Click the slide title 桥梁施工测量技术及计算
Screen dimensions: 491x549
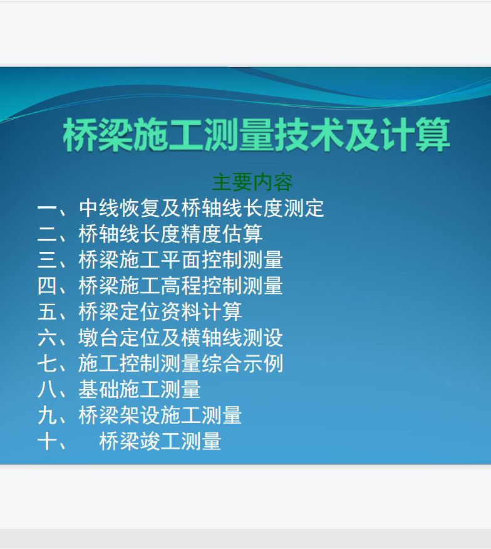coord(256,135)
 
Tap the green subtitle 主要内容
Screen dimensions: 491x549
coord(252,182)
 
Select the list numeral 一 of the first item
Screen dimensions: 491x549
coord(47,208)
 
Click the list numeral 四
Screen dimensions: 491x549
coord(47,286)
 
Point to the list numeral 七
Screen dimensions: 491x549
coord(47,363)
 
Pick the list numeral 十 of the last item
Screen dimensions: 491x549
coord(47,441)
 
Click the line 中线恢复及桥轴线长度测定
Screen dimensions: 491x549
coord(202,208)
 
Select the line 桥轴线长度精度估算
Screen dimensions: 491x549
coord(171,234)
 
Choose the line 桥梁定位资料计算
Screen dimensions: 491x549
coord(160,311)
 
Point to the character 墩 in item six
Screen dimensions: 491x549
coord(88,338)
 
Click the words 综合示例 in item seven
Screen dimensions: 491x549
coord(242,363)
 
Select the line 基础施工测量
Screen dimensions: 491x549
coord(140,389)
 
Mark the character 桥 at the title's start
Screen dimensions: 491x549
coord(80,135)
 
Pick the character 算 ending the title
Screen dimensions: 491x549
coord(433,135)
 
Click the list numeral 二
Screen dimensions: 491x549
coord(47,234)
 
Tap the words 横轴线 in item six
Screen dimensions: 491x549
coord(212,338)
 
